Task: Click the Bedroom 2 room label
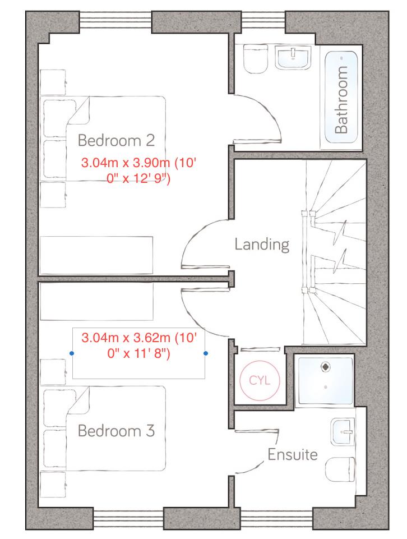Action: point(116,139)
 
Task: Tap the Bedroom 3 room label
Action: point(116,431)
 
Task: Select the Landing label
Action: point(262,245)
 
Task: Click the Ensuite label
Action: point(292,454)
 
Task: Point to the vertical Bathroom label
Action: point(341,100)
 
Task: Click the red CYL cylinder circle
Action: point(260,380)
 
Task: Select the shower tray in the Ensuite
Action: point(325,380)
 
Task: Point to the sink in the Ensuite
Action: point(343,431)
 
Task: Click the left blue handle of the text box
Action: point(72,353)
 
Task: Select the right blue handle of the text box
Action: point(206,353)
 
